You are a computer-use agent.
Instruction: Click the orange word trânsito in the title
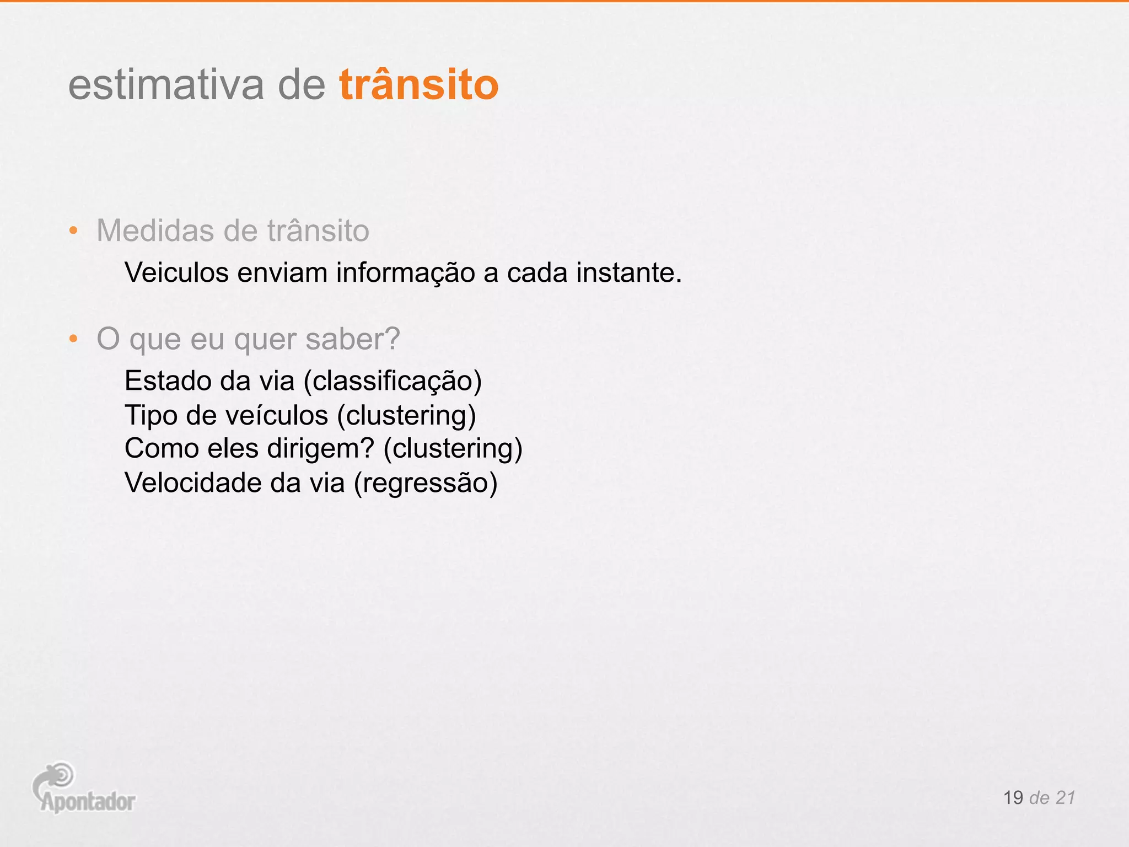[418, 85]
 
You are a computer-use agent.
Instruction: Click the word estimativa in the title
[166, 85]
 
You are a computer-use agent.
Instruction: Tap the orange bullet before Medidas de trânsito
[73, 230]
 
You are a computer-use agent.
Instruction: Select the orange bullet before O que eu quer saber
[73, 339]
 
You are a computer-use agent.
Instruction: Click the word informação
[405, 272]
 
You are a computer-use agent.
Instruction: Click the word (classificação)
[393, 381]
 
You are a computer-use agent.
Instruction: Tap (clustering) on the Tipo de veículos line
[406, 415]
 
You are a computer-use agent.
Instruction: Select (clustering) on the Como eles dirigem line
[453, 448]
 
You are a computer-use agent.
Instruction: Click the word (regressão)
[426, 483]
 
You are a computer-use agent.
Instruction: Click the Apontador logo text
[88, 802]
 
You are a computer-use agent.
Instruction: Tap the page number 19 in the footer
[1013, 798]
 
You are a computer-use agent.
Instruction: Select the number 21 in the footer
[1065, 798]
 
